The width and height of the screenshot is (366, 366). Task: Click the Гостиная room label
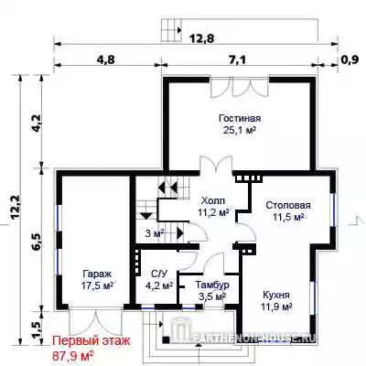click(x=240, y=118)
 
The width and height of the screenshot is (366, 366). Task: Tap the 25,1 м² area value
click(x=240, y=131)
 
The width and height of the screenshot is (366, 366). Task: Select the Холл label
click(x=213, y=200)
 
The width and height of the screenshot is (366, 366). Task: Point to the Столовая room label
click(x=288, y=205)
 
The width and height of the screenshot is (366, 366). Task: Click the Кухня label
click(x=276, y=296)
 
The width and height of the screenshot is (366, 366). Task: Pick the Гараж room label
click(x=98, y=274)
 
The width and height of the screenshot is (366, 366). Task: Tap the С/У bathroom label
click(x=159, y=274)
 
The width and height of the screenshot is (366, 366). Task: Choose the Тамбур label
click(x=212, y=285)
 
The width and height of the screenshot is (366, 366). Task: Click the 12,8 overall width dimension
click(x=202, y=38)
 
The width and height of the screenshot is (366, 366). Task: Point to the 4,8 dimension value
click(x=106, y=59)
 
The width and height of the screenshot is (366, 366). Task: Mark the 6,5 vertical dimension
click(x=36, y=242)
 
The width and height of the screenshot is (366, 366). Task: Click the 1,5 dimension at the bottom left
click(x=36, y=329)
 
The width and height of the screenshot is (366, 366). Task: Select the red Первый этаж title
click(x=91, y=341)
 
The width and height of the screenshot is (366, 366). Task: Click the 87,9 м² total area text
click(x=73, y=355)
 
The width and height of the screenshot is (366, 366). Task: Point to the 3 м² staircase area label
click(x=155, y=233)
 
